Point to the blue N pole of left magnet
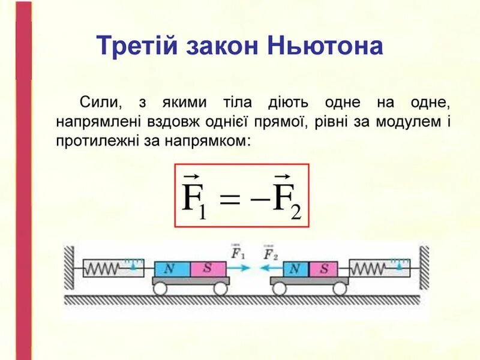[172, 268]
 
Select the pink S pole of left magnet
[208, 268]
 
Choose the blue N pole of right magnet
[293, 268]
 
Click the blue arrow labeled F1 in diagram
[241, 268]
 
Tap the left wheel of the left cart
[160, 289]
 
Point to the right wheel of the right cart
[340, 289]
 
